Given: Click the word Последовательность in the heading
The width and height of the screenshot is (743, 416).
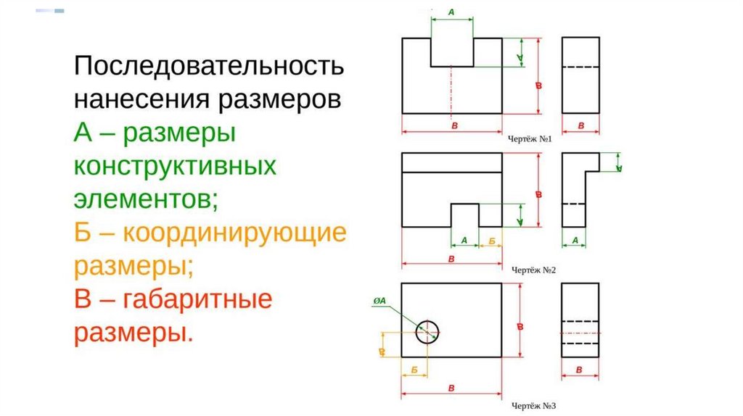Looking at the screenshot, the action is click(x=208, y=67).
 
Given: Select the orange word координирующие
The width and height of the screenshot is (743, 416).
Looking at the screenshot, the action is click(x=234, y=233).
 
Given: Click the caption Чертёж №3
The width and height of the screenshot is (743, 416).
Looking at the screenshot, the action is click(x=533, y=407).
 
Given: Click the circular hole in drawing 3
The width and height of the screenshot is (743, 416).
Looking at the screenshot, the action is click(x=427, y=333).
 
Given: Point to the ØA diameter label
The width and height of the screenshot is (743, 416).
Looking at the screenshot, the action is click(x=378, y=300).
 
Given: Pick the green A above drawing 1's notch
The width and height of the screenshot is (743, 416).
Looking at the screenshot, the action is click(x=452, y=12).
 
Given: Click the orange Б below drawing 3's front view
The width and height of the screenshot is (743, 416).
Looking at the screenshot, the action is click(x=414, y=370).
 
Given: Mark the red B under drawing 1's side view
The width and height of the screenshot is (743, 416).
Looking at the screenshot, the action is click(x=580, y=126).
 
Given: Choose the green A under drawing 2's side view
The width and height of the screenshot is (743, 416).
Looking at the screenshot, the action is click(x=575, y=239).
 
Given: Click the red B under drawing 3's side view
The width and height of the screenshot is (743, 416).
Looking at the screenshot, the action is click(x=580, y=370).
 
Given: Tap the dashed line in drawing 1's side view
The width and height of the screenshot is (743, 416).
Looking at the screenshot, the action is click(x=580, y=67).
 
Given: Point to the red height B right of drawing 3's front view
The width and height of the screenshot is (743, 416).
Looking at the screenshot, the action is click(x=520, y=327).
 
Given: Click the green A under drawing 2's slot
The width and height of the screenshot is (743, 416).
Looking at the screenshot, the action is click(x=464, y=239).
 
